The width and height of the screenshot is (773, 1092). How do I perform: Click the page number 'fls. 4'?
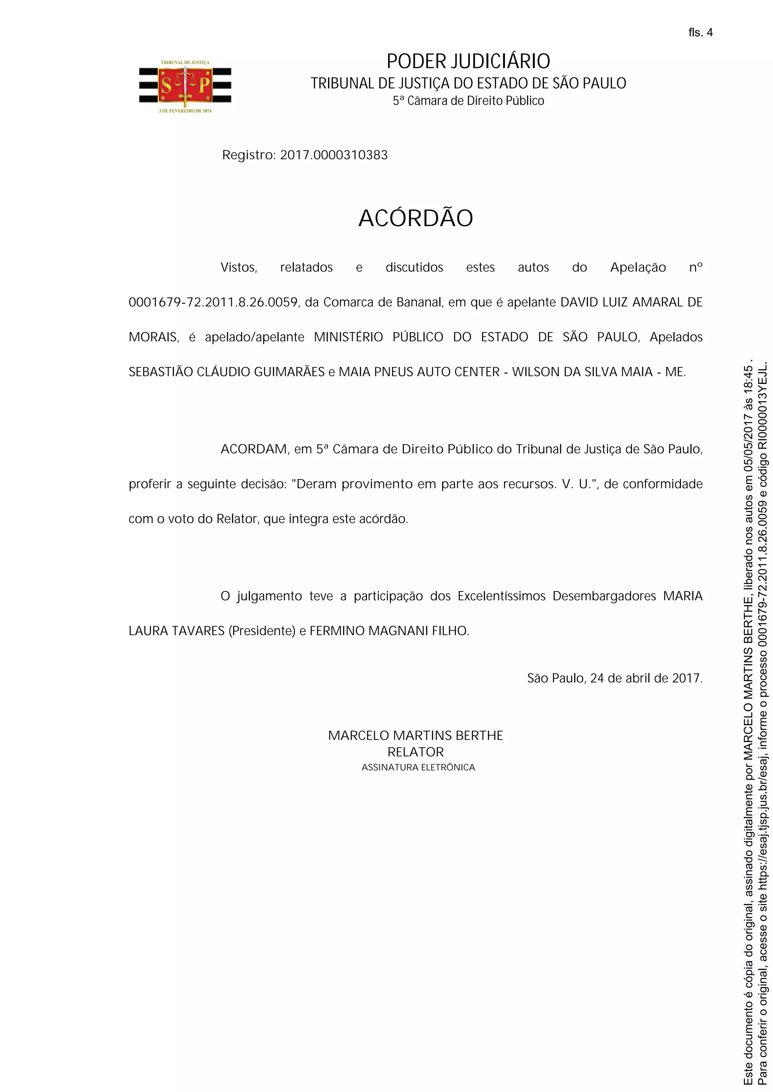700,32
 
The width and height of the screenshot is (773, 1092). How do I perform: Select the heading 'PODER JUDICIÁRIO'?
468,62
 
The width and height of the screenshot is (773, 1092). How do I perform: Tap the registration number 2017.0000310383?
334,155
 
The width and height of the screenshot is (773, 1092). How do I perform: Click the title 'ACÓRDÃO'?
416,219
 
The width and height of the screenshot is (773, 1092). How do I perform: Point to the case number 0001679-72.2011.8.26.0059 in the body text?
213,303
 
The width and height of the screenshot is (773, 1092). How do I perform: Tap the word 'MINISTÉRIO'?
348,337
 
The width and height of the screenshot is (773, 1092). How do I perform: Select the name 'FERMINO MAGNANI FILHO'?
388,631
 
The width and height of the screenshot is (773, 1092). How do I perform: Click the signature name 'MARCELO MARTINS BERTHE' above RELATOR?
416,735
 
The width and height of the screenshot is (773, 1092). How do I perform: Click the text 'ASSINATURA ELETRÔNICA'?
418,767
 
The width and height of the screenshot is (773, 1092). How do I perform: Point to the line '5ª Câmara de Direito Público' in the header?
468,101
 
